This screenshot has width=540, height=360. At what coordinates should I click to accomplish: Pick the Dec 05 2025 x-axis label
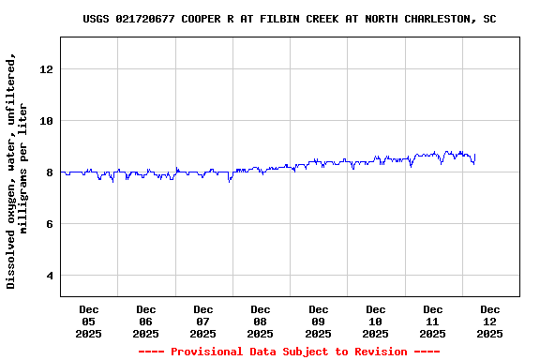coord(89,321)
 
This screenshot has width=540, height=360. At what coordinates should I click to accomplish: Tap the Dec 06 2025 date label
coord(146,321)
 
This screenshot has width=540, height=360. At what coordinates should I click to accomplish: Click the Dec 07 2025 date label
coord(203,321)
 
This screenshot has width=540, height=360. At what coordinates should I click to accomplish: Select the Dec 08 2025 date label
coord(261,321)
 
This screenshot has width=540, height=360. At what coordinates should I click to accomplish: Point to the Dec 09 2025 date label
coord(319,321)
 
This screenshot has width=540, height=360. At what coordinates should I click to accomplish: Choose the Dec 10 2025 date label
coord(376,321)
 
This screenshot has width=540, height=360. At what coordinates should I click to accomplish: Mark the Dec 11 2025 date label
coord(433,321)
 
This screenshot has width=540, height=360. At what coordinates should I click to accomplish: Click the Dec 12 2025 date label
coord(490,321)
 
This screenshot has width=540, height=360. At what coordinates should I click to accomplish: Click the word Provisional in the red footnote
coord(203,352)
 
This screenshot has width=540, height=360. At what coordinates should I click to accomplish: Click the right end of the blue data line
coord(475,155)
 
